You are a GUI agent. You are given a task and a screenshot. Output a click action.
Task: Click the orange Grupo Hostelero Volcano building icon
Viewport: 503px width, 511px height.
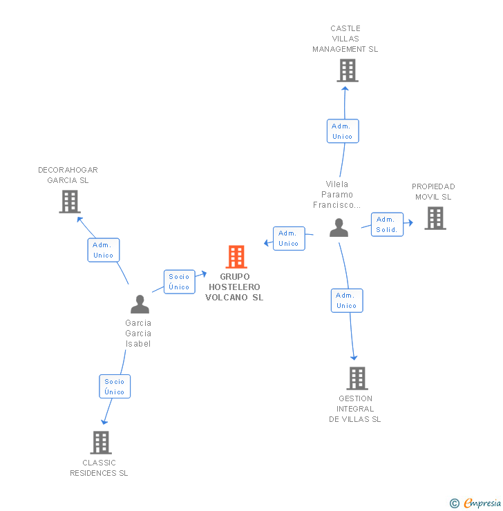[236, 257]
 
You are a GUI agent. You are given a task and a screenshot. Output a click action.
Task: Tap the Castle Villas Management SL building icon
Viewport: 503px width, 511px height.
[348, 70]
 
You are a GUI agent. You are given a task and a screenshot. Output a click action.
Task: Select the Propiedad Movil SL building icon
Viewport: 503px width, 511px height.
[435, 218]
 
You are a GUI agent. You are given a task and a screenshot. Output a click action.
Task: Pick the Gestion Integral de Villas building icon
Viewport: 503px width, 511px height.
[357, 378]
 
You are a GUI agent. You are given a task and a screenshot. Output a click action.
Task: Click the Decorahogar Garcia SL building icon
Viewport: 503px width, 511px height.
[69, 202]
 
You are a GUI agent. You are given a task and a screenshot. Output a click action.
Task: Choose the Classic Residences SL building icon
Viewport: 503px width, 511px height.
[101, 443]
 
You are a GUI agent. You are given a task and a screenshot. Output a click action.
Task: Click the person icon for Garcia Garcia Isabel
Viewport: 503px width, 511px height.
[140, 305]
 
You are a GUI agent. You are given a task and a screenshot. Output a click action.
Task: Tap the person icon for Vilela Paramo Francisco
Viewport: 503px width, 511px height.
[339, 228]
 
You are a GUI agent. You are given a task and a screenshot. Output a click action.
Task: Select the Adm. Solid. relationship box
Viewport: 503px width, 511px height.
[387, 224]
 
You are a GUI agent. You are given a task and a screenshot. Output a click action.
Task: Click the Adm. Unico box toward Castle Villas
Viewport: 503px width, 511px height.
[342, 131]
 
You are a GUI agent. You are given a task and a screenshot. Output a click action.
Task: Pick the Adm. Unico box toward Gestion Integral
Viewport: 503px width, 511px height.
[346, 300]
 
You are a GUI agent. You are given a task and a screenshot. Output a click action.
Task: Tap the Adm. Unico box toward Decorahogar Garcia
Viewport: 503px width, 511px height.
[104, 250]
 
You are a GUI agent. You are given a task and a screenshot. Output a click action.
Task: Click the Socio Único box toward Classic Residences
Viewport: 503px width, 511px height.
[115, 387]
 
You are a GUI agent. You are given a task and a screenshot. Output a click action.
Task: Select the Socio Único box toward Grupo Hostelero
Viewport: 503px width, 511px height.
[179, 282]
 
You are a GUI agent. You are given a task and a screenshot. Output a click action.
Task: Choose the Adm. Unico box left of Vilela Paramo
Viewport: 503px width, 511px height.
[289, 238]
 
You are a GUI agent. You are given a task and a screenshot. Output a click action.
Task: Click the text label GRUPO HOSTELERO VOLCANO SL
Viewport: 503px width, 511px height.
[235, 287]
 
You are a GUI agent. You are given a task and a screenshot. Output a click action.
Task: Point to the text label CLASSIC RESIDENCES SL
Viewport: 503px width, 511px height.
[99, 468]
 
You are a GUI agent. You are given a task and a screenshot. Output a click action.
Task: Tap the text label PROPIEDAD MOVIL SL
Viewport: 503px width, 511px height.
[433, 192]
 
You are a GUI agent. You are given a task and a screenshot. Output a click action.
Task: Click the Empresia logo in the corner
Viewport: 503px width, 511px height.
[476, 503]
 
